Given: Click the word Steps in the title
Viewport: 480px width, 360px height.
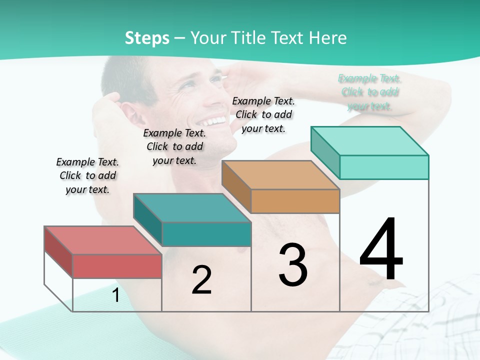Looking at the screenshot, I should pos(147,38).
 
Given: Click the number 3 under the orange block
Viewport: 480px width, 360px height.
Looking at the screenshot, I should pos(293,265).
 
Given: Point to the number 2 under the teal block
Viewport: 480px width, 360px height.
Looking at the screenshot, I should pos(201,280).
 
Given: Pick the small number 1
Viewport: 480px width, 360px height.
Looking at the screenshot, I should pos(115,295).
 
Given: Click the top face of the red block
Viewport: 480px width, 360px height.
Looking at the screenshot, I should pos(102,240).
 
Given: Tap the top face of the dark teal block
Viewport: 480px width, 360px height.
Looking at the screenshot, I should pos(191,207).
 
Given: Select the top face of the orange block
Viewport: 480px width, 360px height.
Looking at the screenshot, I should pos(280,175).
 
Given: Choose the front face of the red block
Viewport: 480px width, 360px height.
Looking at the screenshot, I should pos(117,266).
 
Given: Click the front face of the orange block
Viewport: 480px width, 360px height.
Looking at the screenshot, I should pos(295,201).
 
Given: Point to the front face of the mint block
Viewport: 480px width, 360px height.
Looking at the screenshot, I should pos(384,167).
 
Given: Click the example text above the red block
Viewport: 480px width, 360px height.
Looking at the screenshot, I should pos(87,175).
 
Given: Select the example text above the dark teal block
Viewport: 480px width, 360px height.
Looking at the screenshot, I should pos(174,146).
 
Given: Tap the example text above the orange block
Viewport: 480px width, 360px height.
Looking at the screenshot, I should pos(263,114).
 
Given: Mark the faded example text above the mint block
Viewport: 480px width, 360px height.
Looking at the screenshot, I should pos(369,92).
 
